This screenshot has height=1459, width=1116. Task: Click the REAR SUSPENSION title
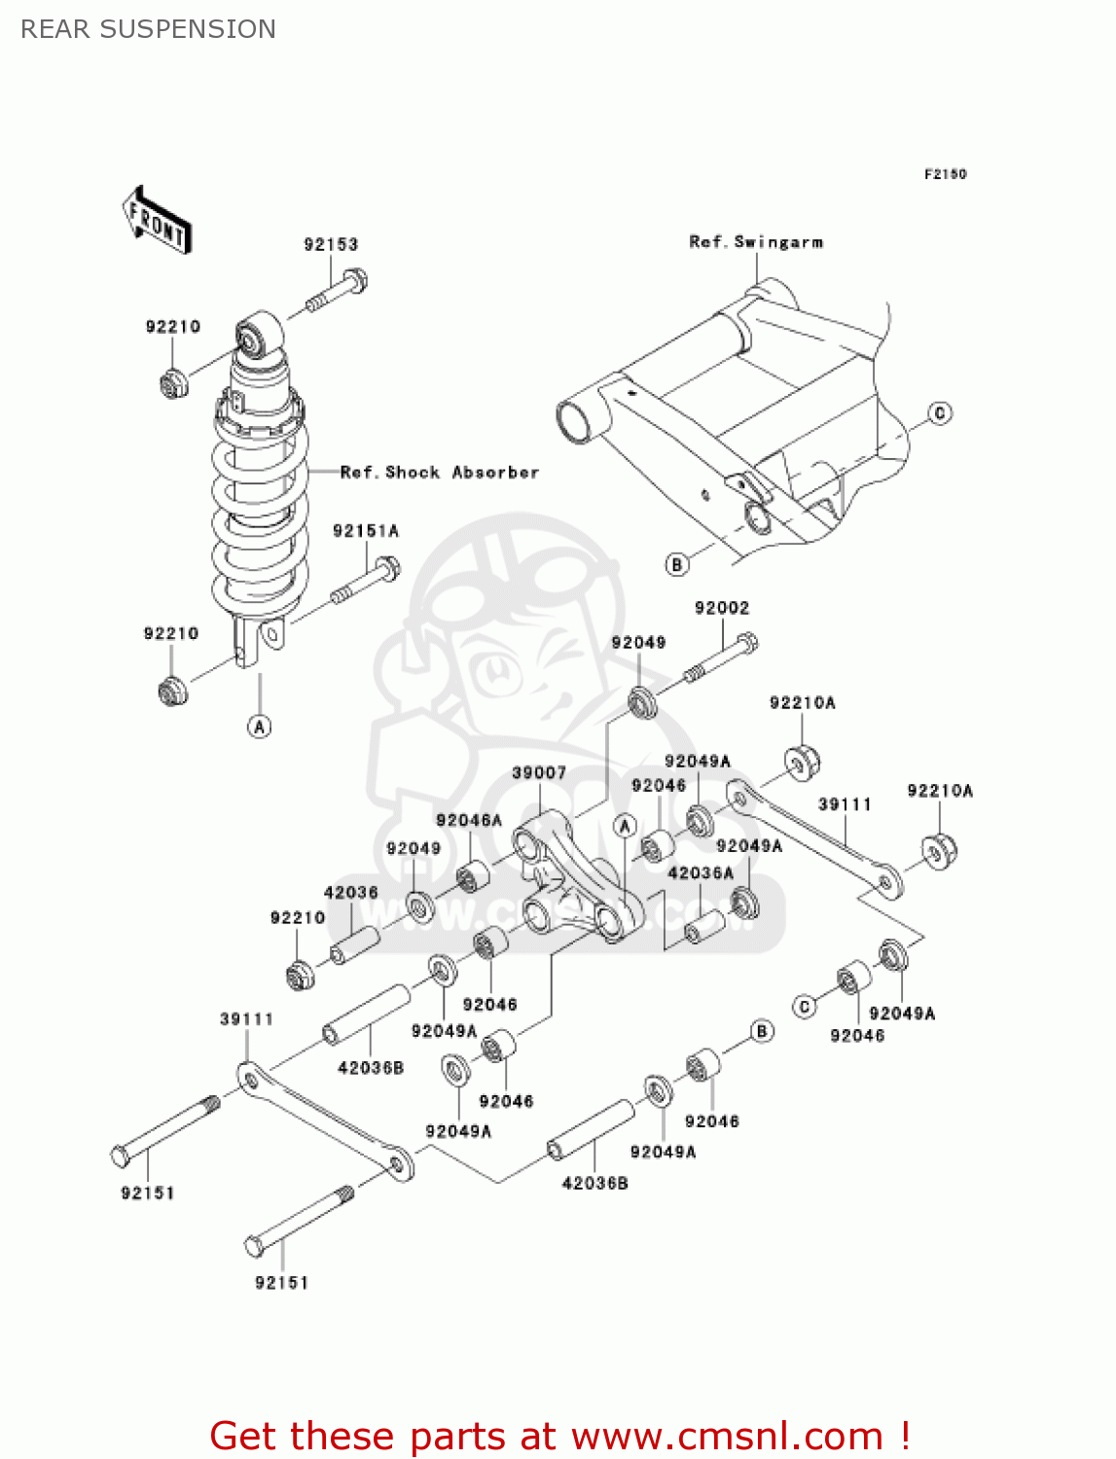[148, 29]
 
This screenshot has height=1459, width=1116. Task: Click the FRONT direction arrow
[157, 221]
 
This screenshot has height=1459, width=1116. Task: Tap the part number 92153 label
[331, 244]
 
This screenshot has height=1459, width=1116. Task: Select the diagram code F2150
[945, 174]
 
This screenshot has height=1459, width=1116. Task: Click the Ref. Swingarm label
[756, 242]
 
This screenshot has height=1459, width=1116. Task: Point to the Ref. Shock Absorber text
[439, 473]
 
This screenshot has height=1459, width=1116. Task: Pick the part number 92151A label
[366, 531]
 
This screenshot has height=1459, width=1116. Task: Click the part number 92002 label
[722, 608]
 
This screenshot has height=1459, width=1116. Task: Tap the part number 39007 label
[539, 773]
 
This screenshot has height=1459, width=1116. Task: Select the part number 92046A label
[469, 821]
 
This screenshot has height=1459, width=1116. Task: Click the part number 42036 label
[350, 893]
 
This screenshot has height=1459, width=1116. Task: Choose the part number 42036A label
[701, 873]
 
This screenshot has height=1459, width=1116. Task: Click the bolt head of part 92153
[355, 281]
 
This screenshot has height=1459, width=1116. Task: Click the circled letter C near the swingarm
[940, 413]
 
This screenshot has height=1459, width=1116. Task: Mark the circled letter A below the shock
[259, 727]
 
